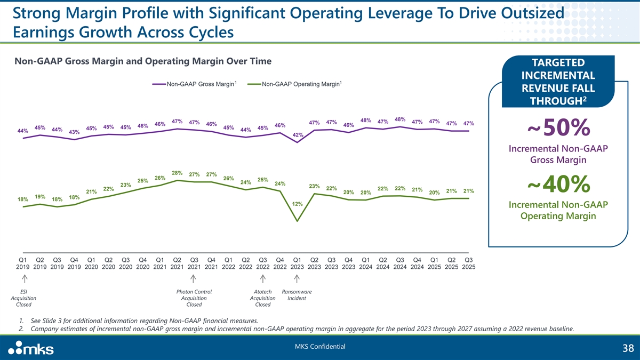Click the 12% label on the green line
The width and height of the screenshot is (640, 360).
click(298, 204)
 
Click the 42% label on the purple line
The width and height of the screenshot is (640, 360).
click(298, 135)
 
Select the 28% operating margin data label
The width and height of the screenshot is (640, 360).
click(178, 172)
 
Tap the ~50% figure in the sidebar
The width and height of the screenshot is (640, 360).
click(558, 127)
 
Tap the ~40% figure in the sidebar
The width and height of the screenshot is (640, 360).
click(558, 185)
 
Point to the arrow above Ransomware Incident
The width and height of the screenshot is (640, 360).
click(297, 279)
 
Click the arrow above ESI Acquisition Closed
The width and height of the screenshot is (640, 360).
click(23, 279)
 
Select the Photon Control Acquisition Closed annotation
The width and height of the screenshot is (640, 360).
click(194, 298)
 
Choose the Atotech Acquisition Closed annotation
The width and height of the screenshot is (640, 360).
click(263, 298)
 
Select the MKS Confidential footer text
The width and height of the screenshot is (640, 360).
click(320, 347)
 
